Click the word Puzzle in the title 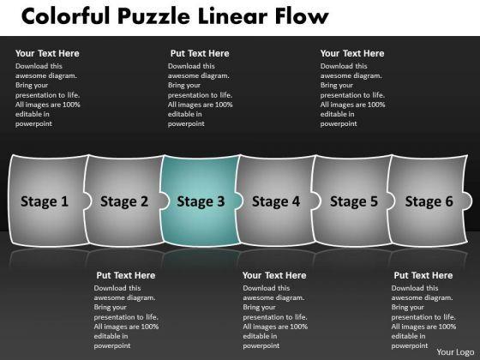[x=153, y=16]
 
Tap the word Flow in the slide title [x=302, y=16]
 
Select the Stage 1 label [x=45, y=201]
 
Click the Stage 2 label [x=124, y=201]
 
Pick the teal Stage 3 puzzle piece [x=201, y=201]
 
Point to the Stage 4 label [x=276, y=201]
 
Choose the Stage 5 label [x=354, y=201]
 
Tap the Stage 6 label [x=429, y=201]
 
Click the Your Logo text [x=455, y=352]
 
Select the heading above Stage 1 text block [x=47, y=53]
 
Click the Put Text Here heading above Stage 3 [x=200, y=53]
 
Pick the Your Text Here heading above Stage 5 [x=352, y=53]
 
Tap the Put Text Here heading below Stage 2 [x=125, y=275]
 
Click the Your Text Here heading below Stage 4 [x=274, y=275]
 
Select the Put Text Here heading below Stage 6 [x=423, y=275]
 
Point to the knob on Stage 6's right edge [x=467, y=201]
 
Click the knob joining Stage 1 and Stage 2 [x=87, y=201]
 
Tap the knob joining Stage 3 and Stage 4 [x=239, y=201]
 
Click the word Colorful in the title [x=65, y=16]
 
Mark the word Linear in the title [x=232, y=16]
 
